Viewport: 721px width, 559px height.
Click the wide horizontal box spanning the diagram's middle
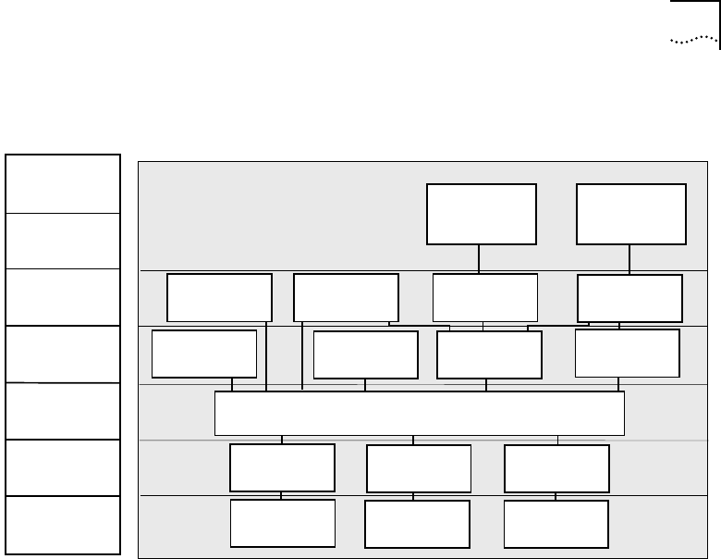coord(420,413)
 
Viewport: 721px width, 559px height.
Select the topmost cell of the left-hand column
coord(63,183)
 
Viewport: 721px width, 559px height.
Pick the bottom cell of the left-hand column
coord(63,525)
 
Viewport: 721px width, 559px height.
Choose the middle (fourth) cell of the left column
coord(63,354)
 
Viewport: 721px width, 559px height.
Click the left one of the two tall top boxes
coord(482,214)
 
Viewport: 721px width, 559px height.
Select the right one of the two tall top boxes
coord(631,214)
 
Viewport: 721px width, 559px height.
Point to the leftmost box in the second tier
coord(219,297)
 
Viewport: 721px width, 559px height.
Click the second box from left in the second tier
coord(346,297)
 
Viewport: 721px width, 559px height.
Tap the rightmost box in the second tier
coord(629,297)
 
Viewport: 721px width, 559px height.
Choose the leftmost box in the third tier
coord(204,354)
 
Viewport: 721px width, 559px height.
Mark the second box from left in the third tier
coord(366,355)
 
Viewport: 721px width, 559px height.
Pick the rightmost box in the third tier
coord(627,353)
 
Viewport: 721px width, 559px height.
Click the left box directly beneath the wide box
coord(282,467)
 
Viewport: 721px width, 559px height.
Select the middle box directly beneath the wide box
coord(419,468)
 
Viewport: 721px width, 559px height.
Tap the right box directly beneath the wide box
coord(556,468)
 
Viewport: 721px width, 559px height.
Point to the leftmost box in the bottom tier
coord(282,524)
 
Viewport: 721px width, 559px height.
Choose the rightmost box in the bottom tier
coord(556,524)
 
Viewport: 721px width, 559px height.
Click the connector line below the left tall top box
coord(479,259)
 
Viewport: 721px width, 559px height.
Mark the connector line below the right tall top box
coord(629,260)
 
